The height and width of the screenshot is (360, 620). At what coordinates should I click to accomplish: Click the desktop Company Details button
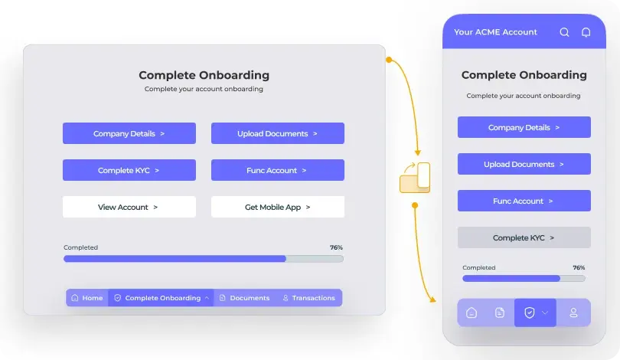129,133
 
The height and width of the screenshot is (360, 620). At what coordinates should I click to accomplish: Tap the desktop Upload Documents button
277,133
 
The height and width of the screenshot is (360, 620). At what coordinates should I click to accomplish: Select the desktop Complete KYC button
129,170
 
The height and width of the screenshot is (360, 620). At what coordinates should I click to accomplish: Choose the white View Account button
129,207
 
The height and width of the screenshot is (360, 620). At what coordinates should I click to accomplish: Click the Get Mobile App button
277,207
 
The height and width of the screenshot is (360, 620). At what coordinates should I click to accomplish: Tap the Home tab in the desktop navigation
86,298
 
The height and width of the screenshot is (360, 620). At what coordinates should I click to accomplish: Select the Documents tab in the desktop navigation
244,298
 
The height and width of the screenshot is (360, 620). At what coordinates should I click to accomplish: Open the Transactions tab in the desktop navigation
308,298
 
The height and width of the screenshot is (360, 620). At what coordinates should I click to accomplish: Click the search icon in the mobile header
565,32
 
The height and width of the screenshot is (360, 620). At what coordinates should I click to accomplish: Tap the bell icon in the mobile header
586,32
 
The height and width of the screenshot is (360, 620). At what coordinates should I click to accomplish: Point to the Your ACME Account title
495,32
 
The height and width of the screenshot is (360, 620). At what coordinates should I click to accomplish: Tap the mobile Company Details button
524,127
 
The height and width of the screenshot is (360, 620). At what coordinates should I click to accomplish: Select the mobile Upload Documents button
524,164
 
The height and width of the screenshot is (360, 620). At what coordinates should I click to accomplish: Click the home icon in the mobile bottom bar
472,313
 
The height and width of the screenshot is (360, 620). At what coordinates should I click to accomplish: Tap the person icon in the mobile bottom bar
573,313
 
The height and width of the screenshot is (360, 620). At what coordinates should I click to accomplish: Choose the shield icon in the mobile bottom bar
529,313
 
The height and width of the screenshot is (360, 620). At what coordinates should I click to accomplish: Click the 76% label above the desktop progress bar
336,248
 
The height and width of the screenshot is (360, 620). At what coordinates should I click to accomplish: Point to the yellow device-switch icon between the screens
415,177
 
